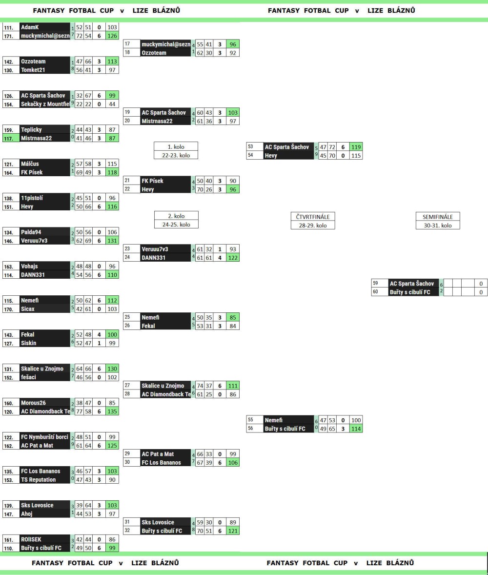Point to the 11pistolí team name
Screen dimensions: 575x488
pyautogui.click(x=32, y=199)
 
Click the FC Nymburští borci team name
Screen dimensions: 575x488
pyautogui.click(x=43, y=437)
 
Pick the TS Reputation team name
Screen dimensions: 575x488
pyautogui.click(x=38, y=479)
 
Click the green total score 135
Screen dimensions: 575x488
pyautogui.click(x=112, y=411)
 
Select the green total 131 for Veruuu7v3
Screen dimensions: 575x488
pyautogui.click(x=112, y=240)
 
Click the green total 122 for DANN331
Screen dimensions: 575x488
pyautogui.click(x=233, y=257)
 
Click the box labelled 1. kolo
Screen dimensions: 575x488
pyautogui.click(x=172, y=146)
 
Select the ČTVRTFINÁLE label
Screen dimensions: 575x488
pyautogui.click(x=312, y=216)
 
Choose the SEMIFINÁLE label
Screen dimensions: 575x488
pyautogui.click(x=438, y=216)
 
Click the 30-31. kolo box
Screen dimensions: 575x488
pyautogui.click(x=438, y=225)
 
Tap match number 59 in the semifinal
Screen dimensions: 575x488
pyautogui.click(x=376, y=283)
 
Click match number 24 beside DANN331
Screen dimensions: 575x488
pyautogui.click(x=128, y=257)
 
